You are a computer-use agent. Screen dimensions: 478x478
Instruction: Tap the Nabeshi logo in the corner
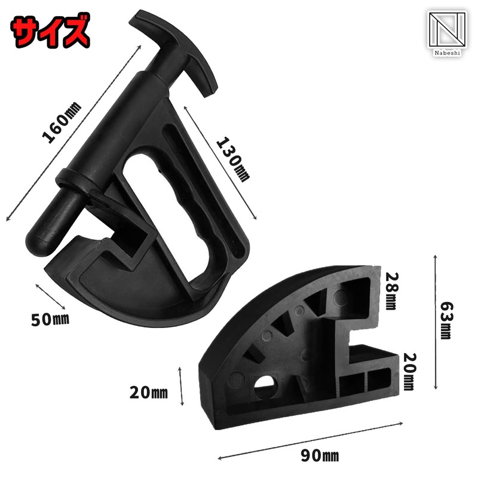[x=447, y=33]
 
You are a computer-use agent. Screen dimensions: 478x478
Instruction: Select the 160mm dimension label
[x=62, y=122]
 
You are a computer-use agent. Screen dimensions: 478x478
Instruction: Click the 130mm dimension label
[x=233, y=159]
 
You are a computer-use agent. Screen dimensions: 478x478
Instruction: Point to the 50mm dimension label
[x=50, y=320]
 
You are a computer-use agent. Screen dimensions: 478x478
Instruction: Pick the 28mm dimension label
[x=391, y=291]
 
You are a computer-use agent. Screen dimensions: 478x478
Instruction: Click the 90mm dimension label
[x=320, y=455]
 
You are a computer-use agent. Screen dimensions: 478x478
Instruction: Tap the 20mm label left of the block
[x=148, y=393]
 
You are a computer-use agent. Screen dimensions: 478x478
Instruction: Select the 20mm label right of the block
[x=409, y=372]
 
